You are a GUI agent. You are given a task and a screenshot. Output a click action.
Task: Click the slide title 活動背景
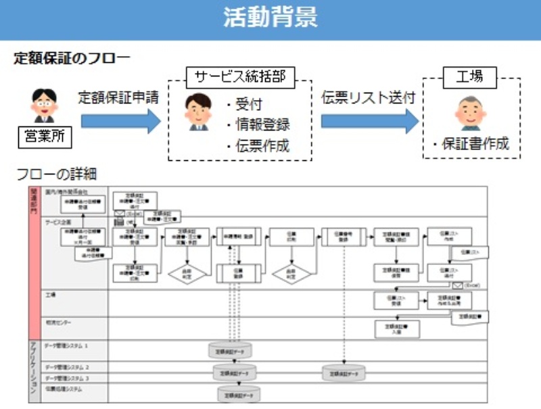pyautogui.click(x=270, y=18)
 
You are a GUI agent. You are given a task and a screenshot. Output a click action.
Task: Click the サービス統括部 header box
pyautogui.click(x=241, y=76)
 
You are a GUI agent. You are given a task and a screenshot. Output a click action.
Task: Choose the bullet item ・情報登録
pyautogui.click(x=258, y=125)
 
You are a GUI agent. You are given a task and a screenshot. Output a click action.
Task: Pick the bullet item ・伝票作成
pyautogui.click(x=258, y=145)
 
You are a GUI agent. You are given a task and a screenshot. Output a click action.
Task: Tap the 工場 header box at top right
pyautogui.click(x=471, y=76)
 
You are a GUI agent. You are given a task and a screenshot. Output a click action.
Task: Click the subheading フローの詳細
pyautogui.click(x=56, y=174)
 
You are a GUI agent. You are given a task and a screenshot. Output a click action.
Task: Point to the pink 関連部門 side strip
pyautogui.click(x=34, y=260)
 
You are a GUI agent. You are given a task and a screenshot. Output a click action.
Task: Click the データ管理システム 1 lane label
pyautogui.click(x=67, y=345)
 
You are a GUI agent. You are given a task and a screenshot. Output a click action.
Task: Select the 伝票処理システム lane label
pyautogui.click(x=64, y=389)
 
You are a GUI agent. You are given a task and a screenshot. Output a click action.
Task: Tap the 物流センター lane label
pyautogui.click(x=59, y=322)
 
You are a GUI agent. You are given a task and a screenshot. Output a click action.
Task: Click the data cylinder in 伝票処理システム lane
pyautogui.click(x=238, y=393)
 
